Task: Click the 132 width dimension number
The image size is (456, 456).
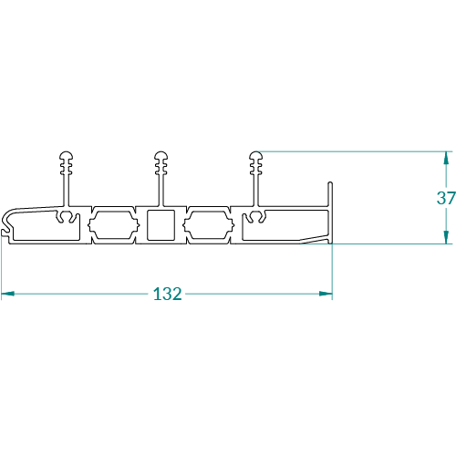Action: (168, 294)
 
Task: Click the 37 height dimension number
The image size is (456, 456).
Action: (446, 198)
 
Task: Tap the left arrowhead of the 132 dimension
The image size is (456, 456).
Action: (8, 294)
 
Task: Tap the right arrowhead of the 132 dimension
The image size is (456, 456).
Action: (326, 294)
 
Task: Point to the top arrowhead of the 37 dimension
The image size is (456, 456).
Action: (446, 158)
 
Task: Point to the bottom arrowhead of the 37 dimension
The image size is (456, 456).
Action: (446, 237)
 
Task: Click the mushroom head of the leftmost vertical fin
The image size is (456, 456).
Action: (66, 156)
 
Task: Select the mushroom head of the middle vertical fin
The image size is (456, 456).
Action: (161, 156)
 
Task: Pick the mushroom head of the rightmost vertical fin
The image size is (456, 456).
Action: (256, 156)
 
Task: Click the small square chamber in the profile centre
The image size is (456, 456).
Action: (161, 225)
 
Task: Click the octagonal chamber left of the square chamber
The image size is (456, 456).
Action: (114, 225)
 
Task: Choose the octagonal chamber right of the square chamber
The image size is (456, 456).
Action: (209, 225)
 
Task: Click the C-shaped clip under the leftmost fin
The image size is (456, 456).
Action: (67, 216)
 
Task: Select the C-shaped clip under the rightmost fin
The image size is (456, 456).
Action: (256, 216)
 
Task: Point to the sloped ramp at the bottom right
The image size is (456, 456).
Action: (315, 240)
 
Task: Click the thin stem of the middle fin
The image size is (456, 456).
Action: (161, 190)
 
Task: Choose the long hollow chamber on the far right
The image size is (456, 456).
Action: (285, 225)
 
